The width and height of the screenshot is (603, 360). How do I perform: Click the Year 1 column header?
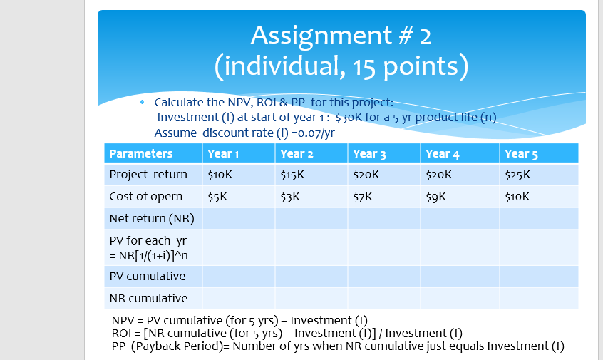coord(222,153)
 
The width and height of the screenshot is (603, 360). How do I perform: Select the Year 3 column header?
coord(369,153)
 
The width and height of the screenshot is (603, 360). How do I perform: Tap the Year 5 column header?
coord(520,153)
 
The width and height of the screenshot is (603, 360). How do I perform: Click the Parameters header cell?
coord(140,153)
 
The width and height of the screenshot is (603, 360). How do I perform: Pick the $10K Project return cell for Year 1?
coord(220,175)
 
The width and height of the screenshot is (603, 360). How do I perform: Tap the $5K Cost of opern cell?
coord(217,197)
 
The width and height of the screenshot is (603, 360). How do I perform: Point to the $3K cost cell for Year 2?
coord(289,197)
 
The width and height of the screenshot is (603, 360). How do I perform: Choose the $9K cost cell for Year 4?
coord(435,197)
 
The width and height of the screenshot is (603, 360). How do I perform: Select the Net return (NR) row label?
coord(151,218)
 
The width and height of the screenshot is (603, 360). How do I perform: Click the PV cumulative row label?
coord(147,276)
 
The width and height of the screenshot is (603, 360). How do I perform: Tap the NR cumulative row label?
coord(148,298)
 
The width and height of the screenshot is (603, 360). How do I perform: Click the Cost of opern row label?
coord(145,197)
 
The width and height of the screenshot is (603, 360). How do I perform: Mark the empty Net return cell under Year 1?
coord(238,218)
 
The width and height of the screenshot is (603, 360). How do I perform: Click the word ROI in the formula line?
coord(123,333)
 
